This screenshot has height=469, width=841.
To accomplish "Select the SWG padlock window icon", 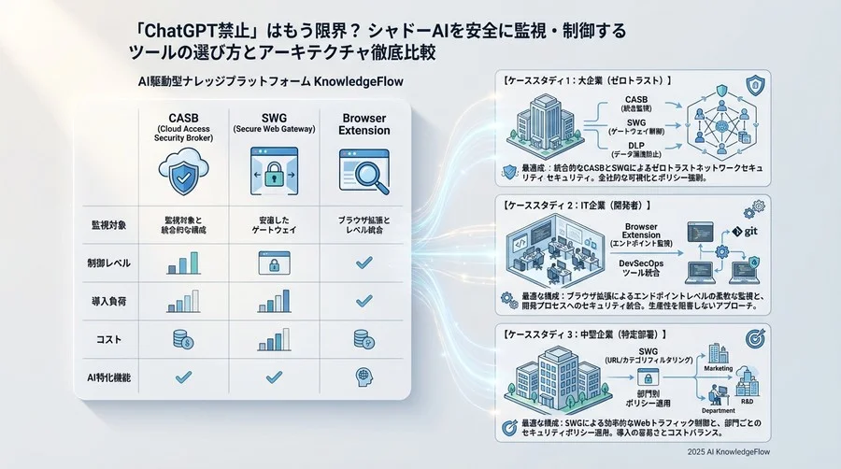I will (x=269, y=172).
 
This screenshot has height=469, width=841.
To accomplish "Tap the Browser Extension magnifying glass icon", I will (x=361, y=172).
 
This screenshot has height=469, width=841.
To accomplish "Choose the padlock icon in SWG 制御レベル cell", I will (x=269, y=264).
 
